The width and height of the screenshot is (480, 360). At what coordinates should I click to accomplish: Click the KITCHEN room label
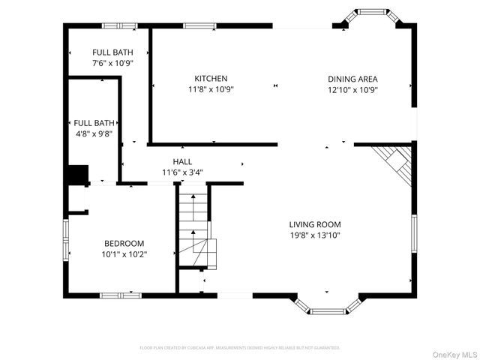point(211,79)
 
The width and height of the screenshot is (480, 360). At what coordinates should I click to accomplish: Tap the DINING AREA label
point(352,79)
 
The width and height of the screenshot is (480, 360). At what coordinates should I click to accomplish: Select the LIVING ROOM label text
point(315,224)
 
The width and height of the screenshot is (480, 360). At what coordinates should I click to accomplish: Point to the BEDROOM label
point(124,244)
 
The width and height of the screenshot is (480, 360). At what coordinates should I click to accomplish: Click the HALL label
point(182,161)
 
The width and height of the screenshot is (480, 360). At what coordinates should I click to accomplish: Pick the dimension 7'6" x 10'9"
point(112,63)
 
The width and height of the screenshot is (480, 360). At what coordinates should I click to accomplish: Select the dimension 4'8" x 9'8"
point(94,133)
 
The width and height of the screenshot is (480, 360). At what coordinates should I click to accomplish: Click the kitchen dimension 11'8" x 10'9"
point(211,89)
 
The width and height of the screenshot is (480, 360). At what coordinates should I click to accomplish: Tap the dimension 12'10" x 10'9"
point(352,89)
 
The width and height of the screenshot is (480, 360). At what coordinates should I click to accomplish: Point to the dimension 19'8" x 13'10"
point(315,235)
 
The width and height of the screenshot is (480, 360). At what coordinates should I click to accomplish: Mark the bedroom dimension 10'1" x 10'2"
point(124,254)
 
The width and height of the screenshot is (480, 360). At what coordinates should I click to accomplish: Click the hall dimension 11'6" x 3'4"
point(182,172)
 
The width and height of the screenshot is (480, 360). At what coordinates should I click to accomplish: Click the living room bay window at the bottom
point(328,307)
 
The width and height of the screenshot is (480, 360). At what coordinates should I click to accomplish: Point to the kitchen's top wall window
point(199,26)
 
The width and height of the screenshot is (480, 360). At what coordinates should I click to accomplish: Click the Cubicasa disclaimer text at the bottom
point(240,348)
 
